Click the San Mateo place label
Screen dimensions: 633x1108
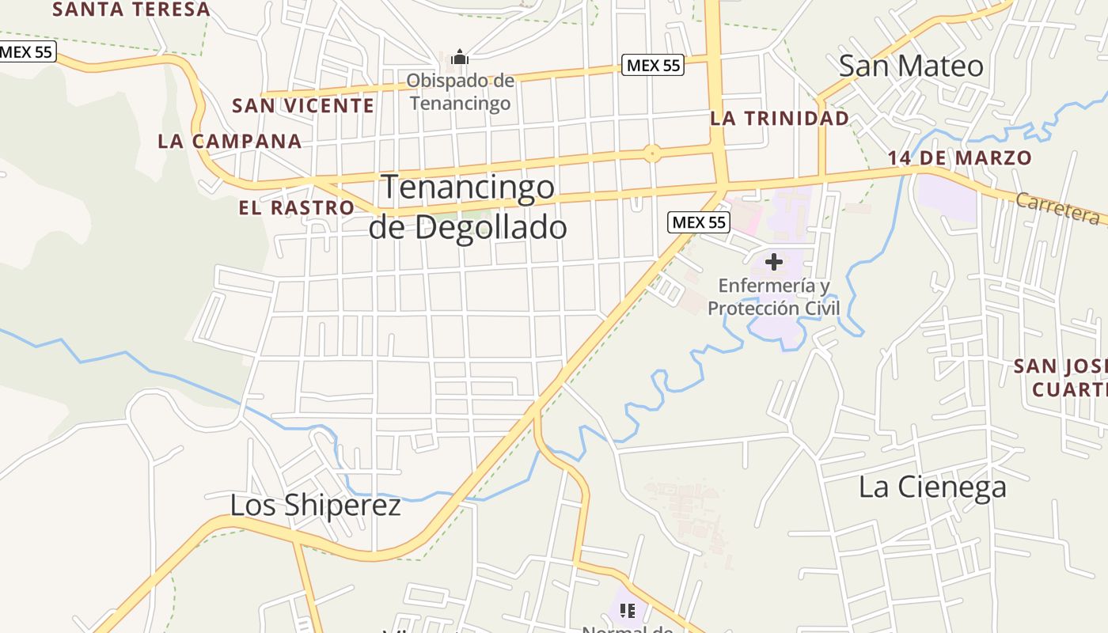click(x=911, y=66)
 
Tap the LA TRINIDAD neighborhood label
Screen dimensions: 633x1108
click(x=780, y=119)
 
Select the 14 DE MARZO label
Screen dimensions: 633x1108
click(x=959, y=157)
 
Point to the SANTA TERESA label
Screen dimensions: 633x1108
click(x=131, y=9)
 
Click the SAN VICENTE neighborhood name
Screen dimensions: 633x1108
click(x=303, y=105)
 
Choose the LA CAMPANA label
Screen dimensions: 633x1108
click(x=230, y=142)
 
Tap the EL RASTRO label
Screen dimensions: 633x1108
click(x=297, y=207)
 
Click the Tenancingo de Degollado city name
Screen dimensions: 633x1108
click(x=468, y=207)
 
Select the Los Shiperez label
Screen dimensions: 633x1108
click(x=315, y=505)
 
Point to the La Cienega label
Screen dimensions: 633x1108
click(x=932, y=487)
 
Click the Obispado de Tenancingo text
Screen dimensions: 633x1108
click(x=460, y=92)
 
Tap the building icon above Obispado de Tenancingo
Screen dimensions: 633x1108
click(x=460, y=57)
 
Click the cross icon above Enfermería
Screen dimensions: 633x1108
click(x=773, y=261)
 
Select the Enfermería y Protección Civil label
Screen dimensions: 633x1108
click(x=773, y=297)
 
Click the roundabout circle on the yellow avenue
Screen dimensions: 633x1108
click(x=651, y=154)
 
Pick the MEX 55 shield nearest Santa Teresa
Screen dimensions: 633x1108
click(x=26, y=52)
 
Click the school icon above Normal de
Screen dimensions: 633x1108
click(x=628, y=610)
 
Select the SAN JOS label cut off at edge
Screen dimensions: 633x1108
click(x=1061, y=377)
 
